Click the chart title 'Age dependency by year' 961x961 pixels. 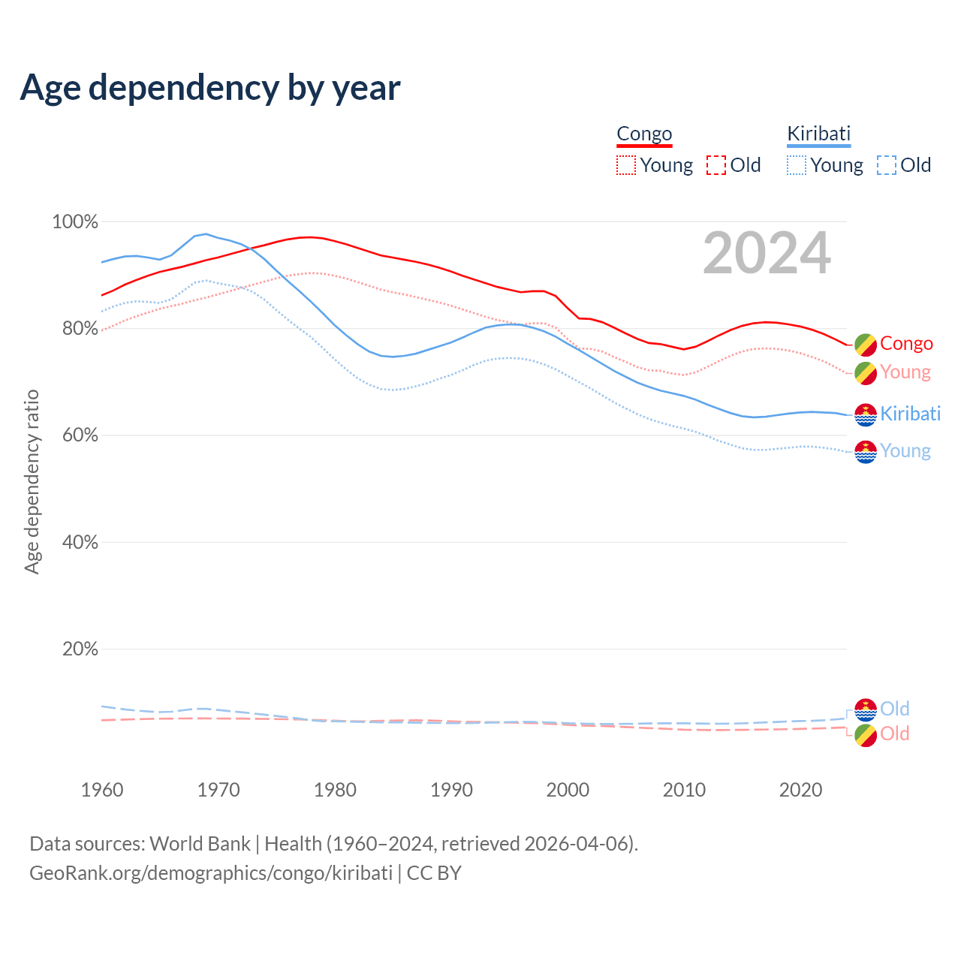coord(210,87)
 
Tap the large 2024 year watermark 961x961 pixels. coord(767,254)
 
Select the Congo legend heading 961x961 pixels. coord(644,134)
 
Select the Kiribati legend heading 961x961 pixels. coord(818,134)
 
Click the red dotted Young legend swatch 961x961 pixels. coord(625,165)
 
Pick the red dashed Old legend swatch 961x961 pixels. coord(715,165)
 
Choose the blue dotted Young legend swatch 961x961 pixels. coord(797,165)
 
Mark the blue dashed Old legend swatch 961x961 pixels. coord(886,165)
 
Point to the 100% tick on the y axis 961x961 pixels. coord(75,222)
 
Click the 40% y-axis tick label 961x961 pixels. coord(80,543)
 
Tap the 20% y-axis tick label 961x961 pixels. coord(80,649)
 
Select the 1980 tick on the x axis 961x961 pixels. coord(335,790)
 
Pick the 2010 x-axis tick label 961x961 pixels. coord(684,790)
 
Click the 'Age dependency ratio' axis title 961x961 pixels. coord(32,481)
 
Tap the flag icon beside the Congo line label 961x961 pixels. coord(866,345)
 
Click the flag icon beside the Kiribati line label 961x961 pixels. coord(866,414)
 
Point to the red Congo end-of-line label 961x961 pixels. coord(906,344)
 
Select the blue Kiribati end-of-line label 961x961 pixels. coord(910,414)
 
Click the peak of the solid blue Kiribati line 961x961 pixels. coord(206,233)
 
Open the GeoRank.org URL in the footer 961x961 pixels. coord(210,873)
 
